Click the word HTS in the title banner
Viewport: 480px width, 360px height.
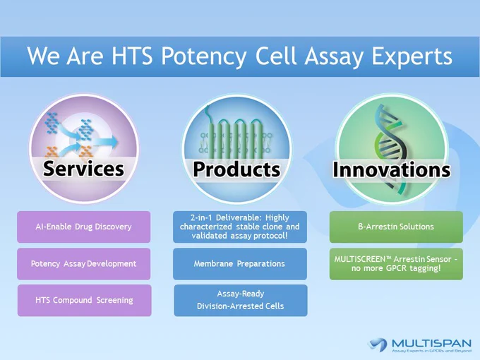coord(132,56)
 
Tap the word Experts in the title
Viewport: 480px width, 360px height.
coord(412,56)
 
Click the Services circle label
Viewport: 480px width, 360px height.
coord(83,169)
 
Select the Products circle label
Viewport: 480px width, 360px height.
coord(236,169)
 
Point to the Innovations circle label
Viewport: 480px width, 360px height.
coord(392,169)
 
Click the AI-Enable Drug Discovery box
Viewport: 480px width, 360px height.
coord(83,227)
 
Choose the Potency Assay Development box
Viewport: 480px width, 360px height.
coord(83,264)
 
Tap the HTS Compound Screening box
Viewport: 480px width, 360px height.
coord(84,300)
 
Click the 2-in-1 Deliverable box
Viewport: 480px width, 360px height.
coord(240,227)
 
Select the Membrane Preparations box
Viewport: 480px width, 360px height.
coord(240,264)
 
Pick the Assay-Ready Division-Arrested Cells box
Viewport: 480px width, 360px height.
coord(241,300)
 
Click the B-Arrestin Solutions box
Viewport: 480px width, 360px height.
coord(396,227)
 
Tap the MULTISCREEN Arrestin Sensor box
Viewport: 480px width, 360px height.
coord(396,264)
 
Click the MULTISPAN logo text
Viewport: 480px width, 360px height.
coord(431,342)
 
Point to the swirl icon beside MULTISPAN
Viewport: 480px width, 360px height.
coord(378,344)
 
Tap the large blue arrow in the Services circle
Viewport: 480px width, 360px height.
coord(106,141)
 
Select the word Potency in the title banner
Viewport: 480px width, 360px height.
coord(203,56)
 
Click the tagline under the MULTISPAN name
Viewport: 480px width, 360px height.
coord(431,351)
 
